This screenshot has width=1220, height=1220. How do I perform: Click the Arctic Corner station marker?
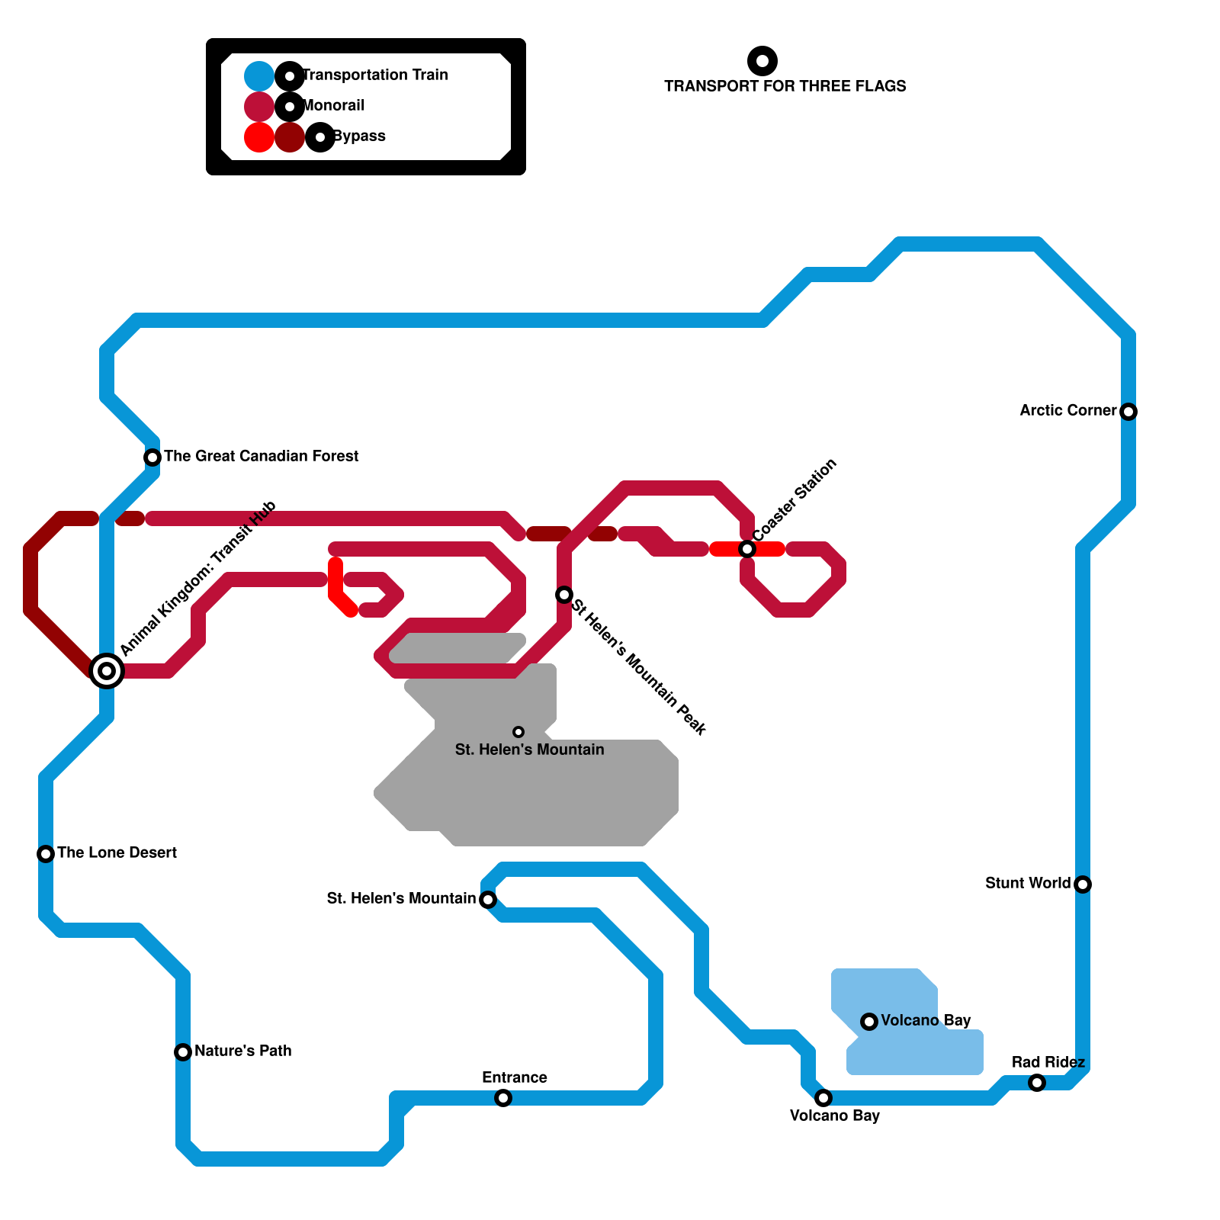(1128, 412)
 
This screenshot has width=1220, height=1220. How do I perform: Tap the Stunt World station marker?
(1083, 884)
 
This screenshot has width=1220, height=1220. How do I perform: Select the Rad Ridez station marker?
(1037, 1083)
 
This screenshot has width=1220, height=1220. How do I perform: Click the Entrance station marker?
(503, 1098)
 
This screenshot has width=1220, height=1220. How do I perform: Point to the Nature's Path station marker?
(183, 1052)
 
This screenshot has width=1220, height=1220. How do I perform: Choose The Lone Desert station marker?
(46, 854)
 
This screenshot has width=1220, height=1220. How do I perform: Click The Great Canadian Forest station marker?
(152, 457)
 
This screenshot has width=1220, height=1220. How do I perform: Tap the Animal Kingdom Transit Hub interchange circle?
(107, 671)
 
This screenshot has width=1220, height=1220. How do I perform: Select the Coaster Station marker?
(747, 549)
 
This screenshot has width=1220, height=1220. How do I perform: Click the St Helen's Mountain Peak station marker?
(564, 595)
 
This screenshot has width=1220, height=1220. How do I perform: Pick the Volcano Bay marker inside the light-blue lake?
(869, 1022)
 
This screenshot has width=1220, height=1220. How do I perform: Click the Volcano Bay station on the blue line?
(823, 1098)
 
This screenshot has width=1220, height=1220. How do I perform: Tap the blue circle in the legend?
(259, 76)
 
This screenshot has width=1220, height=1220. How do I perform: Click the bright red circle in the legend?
(259, 137)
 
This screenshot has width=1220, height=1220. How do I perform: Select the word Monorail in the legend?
(334, 105)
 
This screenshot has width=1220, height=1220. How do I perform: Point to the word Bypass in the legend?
(359, 136)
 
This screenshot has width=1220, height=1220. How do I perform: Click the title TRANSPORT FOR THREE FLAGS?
(785, 86)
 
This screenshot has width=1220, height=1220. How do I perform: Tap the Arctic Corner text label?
(1067, 410)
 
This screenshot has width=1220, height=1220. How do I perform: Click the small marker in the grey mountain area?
(518, 732)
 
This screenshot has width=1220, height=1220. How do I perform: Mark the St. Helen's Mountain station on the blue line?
(488, 900)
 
